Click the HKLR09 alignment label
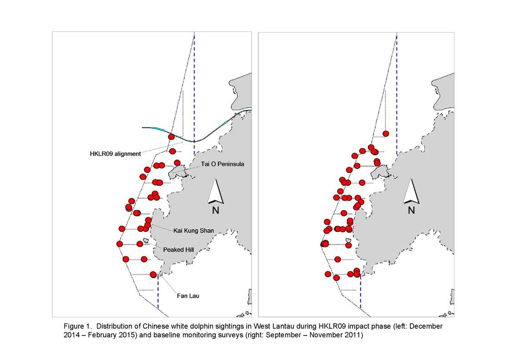(x=115, y=154)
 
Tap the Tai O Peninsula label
(x=222, y=164)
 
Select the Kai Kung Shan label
(x=193, y=231)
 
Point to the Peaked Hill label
(x=178, y=250)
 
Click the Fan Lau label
(x=188, y=296)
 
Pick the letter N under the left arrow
(x=215, y=210)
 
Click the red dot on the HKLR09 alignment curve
(x=171, y=137)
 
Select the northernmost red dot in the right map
(x=386, y=133)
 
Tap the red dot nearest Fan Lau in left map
(x=153, y=275)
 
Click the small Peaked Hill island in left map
(x=145, y=241)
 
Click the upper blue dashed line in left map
(x=194, y=94)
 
